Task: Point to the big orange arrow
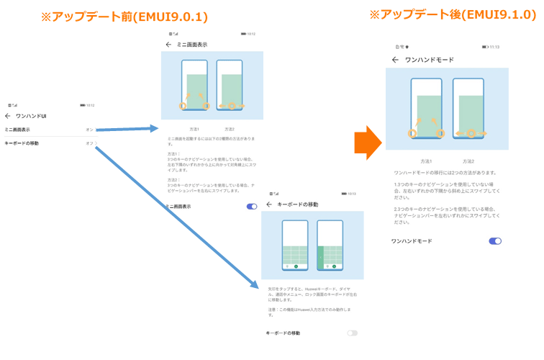(x=367, y=140)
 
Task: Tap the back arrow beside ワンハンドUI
(x=8, y=116)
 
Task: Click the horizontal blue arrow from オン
(x=127, y=130)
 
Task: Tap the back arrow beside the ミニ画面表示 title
(x=168, y=45)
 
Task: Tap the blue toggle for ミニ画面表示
(x=252, y=207)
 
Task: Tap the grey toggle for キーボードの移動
(x=352, y=333)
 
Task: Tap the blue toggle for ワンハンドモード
(x=495, y=241)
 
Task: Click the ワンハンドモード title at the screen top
(x=430, y=60)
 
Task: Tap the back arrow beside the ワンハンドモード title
(x=395, y=60)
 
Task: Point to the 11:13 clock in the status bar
(x=494, y=47)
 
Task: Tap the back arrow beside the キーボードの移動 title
(x=269, y=204)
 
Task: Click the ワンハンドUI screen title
(x=32, y=116)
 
